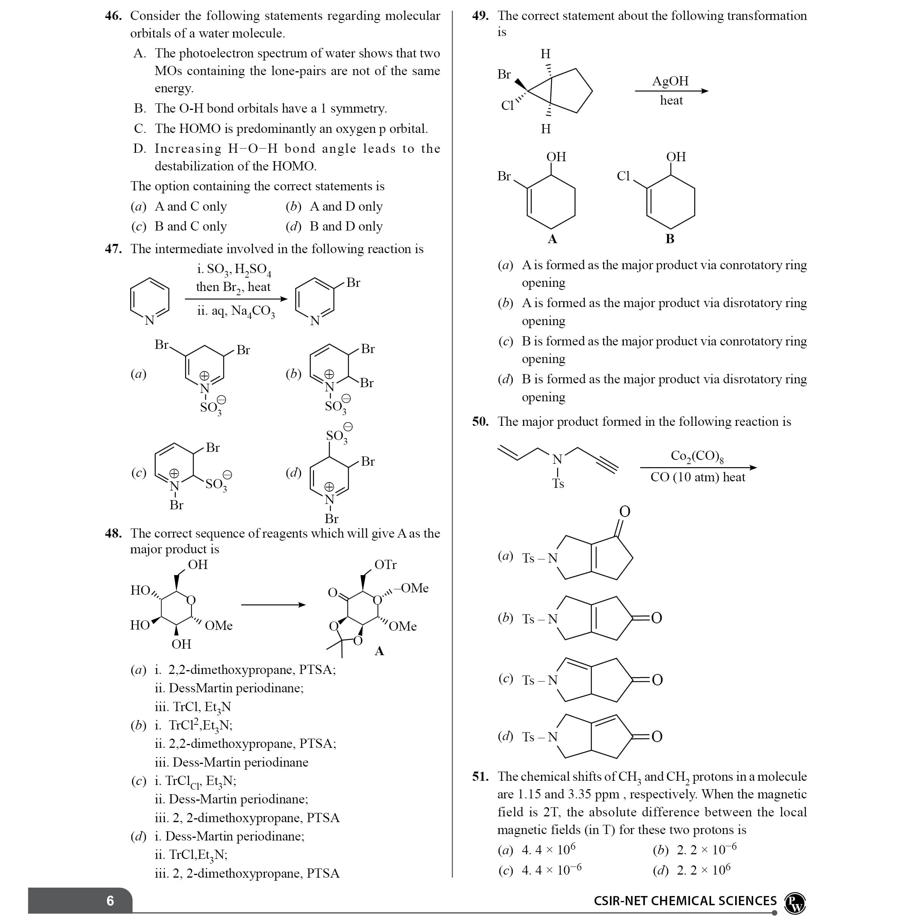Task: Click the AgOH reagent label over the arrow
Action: [670, 81]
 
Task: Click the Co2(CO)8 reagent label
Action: [697, 456]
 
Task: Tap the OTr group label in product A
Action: [385, 565]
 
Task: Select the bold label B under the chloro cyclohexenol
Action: [670, 239]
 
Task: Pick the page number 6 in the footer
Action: [110, 901]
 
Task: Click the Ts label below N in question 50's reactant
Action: [558, 483]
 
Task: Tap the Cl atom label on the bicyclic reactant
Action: [507, 105]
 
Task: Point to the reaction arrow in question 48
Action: [273, 605]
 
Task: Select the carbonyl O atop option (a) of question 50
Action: [625, 511]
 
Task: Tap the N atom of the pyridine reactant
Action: [149, 321]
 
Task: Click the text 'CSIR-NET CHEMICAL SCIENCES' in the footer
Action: [685, 901]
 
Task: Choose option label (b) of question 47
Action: [293, 374]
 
